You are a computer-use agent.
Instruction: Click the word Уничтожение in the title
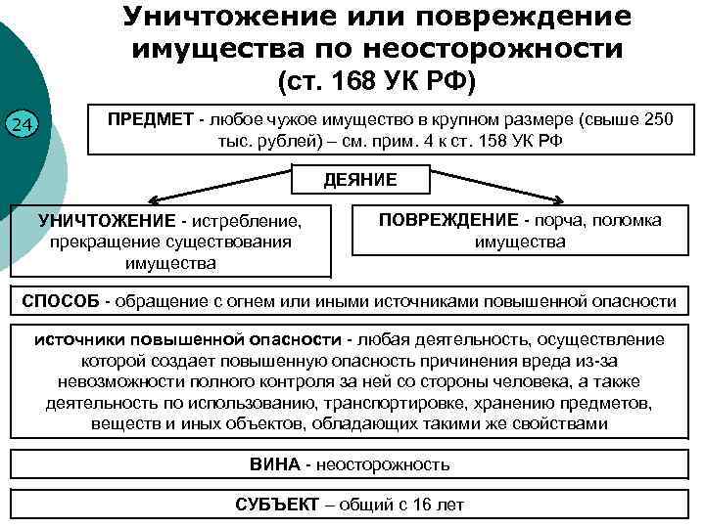(x=214, y=17)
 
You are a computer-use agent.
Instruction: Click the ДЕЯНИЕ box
(x=360, y=179)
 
